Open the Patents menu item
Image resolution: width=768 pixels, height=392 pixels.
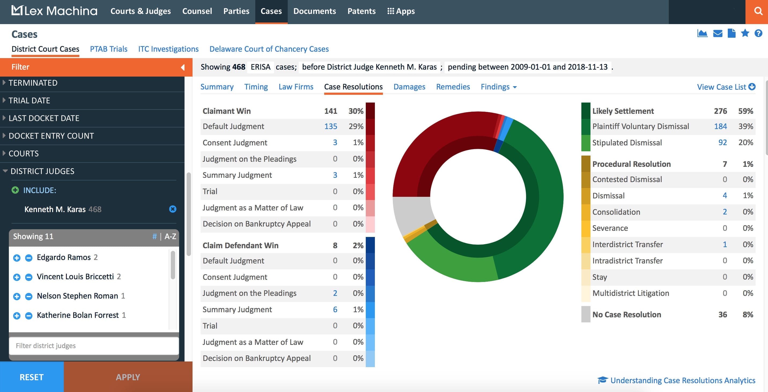pyautogui.click(x=361, y=11)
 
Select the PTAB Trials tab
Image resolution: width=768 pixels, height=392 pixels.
pyautogui.click(x=109, y=49)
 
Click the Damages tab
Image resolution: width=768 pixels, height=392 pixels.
pyautogui.click(x=409, y=87)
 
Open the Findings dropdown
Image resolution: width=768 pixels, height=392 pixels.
pyautogui.click(x=498, y=87)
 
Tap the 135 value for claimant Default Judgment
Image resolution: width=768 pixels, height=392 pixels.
pyautogui.click(x=330, y=126)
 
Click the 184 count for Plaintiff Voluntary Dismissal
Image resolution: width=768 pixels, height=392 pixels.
pyautogui.click(x=720, y=126)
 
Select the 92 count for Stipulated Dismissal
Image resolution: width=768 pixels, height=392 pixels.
pyautogui.click(x=722, y=142)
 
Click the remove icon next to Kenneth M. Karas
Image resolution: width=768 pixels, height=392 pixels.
pyautogui.click(x=173, y=209)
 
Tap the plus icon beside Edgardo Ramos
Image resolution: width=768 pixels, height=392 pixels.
pyautogui.click(x=17, y=258)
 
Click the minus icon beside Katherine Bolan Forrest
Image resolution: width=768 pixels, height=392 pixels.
pyautogui.click(x=29, y=315)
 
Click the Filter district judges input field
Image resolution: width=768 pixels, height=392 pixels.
pyautogui.click(x=94, y=346)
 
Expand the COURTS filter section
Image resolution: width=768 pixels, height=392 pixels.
pyautogui.click(x=24, y=154)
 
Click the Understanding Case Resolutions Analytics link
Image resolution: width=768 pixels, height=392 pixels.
pyautogui.click(x=682, y=380)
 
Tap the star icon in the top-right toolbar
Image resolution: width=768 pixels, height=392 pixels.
pyautogui.click(x=745, y=33)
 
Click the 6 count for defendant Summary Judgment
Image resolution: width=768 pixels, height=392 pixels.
pyautogui.click(x=335, y=310)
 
